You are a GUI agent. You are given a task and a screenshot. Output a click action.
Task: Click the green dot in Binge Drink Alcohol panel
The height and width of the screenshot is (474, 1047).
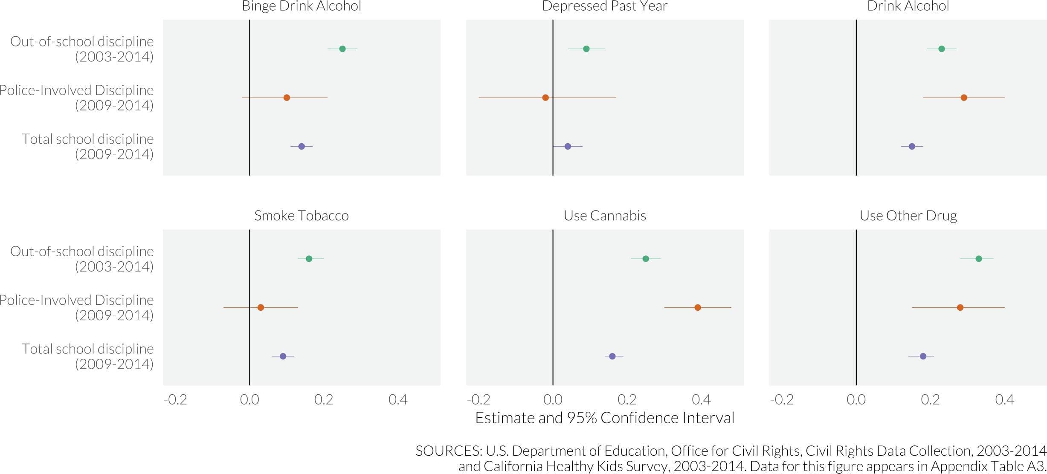(342, 49)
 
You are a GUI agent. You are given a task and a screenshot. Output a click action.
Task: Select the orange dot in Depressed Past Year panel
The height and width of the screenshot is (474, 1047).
(545, 98)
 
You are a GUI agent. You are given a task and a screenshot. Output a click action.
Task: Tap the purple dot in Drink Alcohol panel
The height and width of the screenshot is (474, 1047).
(912, 146)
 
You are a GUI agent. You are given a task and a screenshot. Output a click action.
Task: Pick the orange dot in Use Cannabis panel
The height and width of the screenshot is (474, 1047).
(698, 307)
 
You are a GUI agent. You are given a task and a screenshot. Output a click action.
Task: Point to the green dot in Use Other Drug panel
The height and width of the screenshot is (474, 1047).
(979, 259)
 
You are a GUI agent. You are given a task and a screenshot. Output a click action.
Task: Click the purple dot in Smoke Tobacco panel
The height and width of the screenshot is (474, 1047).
(283, 356)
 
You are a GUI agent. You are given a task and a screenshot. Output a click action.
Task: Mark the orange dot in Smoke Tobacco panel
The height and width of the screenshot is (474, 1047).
(261, 307)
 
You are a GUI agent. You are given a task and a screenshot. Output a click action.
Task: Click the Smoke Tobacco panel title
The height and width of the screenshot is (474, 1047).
(302, 216)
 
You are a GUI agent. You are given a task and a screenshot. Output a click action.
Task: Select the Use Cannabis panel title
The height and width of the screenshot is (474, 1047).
(605, 216)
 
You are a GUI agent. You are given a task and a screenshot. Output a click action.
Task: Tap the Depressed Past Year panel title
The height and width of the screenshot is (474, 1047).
(605, 6)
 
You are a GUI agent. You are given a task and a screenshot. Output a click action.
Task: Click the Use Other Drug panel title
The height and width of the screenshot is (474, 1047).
(908, 216)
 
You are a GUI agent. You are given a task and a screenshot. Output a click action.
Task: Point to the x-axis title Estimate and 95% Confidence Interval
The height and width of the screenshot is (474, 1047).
(605, 418)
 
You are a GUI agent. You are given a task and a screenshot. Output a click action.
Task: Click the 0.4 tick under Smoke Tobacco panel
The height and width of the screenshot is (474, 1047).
(398, 399)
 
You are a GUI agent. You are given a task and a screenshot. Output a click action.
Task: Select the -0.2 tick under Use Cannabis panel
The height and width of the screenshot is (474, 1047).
(479, 399)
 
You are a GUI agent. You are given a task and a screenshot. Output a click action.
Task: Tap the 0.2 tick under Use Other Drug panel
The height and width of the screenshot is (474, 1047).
(930, 399)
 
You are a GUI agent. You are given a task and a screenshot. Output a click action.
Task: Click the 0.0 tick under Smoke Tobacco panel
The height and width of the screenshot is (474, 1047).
(249, 399)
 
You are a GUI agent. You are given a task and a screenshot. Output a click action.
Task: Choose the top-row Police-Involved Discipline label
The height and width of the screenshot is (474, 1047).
(77, 98)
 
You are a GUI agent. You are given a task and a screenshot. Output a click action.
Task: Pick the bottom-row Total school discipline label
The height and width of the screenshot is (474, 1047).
(87, 356)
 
